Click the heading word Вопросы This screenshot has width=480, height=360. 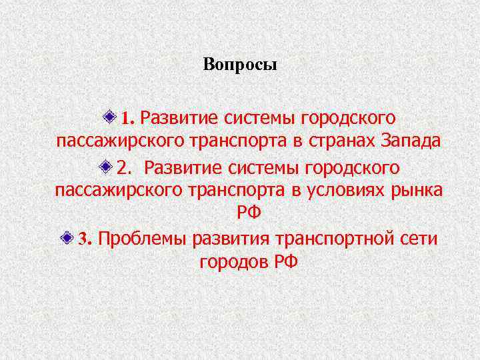click(x=239, y=66)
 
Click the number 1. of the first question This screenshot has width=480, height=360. click(x=128, y=119)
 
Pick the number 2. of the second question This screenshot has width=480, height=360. click(x=124, y=167)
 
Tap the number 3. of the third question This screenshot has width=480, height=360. click(x=84, y=239)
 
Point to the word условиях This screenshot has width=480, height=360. click(x=341, y=190)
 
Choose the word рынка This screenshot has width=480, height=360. click(x=417, y=190)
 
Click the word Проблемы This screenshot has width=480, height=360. click(x=142, y=239)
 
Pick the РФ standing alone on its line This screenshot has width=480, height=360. click(x=248, y=214)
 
